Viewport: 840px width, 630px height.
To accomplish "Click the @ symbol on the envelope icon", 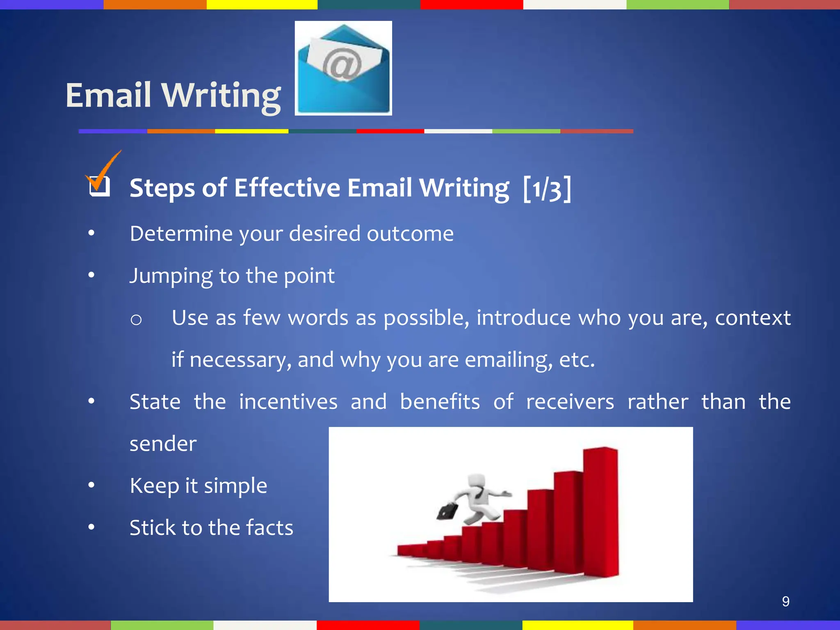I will pos(341,64).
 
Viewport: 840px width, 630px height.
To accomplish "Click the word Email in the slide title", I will pos(108,95).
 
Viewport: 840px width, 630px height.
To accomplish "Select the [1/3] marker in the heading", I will pos(547,188).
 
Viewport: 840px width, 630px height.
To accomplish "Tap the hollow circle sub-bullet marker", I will pos(136,320).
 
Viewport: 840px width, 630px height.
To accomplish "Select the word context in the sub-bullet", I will pos(753,318).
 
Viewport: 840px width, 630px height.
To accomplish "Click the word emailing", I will pos(508,360).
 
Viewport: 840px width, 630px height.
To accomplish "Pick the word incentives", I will pos(288,402).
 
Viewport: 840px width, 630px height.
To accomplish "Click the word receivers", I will pos(570,402).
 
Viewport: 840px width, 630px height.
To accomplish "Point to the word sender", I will pos(163,444).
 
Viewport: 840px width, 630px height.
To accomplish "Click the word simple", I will pos(235,486).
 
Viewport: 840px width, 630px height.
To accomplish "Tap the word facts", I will pos(269,528).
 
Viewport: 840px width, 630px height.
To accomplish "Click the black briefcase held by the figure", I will pos(447,511).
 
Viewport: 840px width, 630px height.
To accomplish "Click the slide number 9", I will pos(785,601).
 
